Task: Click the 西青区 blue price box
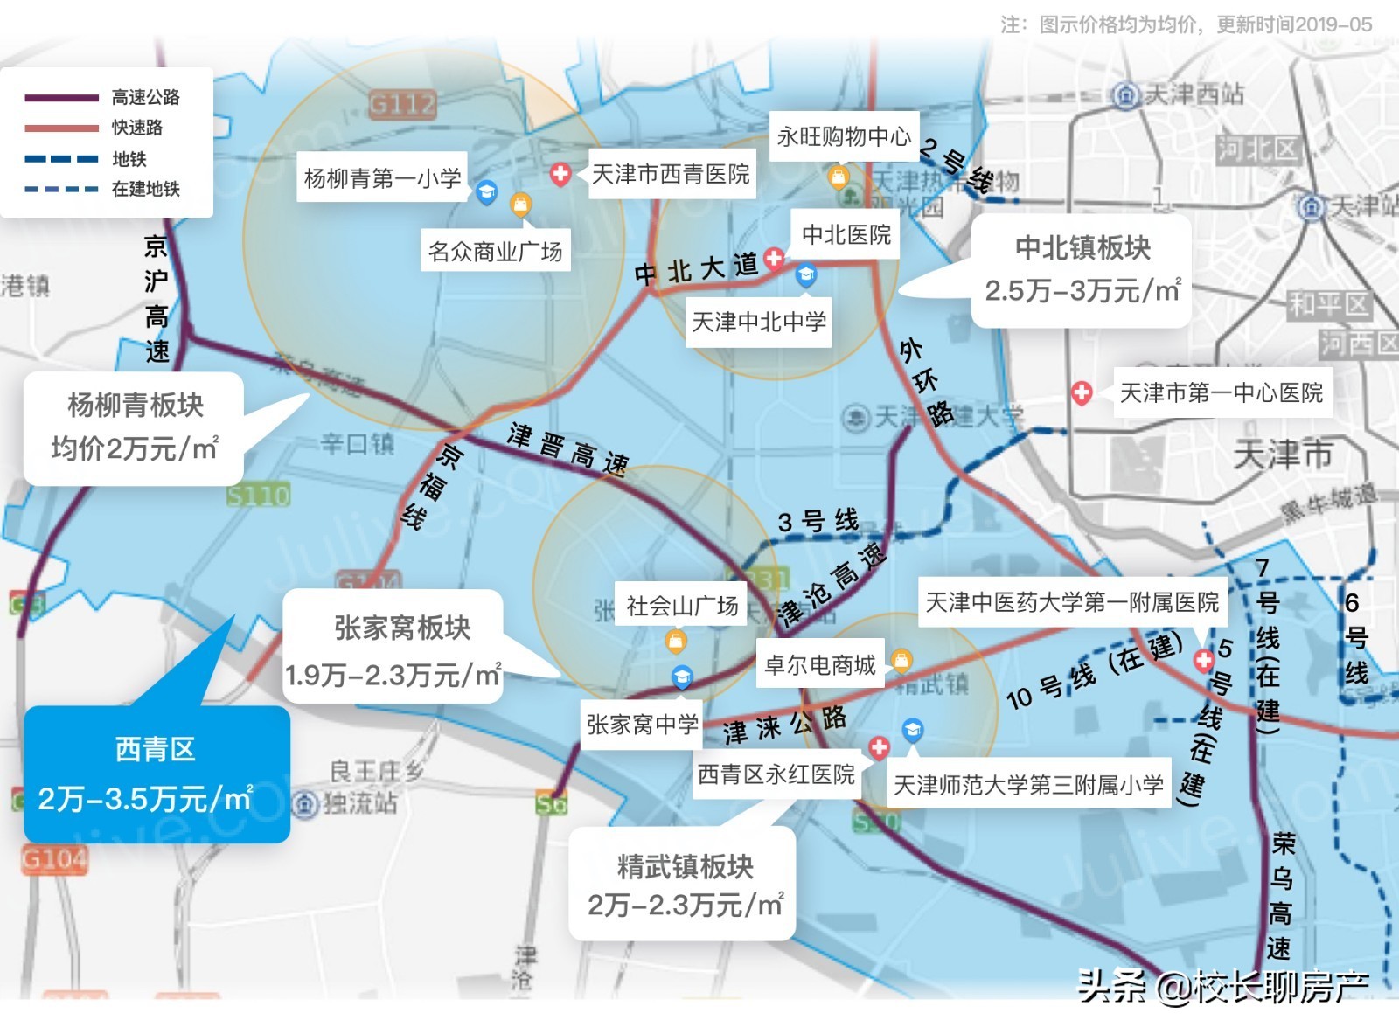156,774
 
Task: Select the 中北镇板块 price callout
1082,270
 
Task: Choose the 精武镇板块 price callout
683,885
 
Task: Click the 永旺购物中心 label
844,136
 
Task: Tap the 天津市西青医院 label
671,175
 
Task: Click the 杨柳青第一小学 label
382,178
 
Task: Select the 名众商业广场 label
495,252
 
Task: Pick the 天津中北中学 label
758,323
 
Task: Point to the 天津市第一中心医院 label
1221,393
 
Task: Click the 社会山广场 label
682,606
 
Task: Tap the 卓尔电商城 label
819,665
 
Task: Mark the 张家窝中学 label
642,725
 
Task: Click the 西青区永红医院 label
776,774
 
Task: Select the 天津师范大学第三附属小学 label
1028,785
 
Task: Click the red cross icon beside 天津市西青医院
560,174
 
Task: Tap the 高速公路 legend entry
145,97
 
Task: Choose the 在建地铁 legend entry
145,189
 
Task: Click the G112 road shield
402,105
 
